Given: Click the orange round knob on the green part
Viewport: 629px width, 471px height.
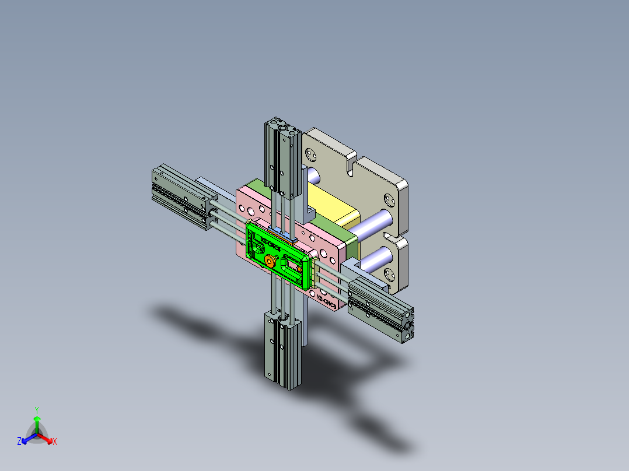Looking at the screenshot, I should tap(270, 262).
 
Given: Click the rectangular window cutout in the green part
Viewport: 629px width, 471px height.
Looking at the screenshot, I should tap(291, 265).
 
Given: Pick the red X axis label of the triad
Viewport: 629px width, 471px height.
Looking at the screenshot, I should tap(55, 442).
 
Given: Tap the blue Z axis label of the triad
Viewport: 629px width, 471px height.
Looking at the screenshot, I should tap(19, 442).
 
